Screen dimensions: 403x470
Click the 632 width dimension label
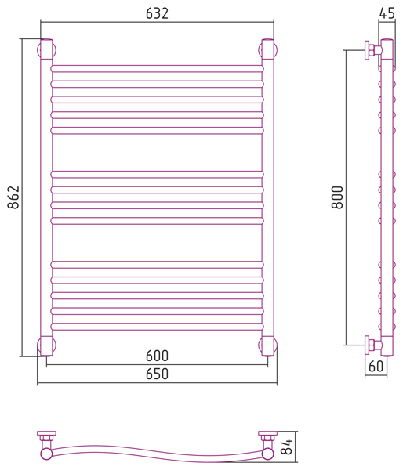(157, 13)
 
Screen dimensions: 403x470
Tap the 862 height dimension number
(13, 197)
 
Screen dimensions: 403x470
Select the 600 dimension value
(157, 356)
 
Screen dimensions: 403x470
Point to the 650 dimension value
(157, 374)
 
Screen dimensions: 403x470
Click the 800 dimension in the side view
(337, 197)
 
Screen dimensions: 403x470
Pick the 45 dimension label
(387, 13)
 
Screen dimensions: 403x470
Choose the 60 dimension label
(376, 367)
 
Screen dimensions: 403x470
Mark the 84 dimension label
(286, 446)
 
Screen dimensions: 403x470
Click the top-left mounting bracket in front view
(46, 49)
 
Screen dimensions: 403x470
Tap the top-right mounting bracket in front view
(267, 49)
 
